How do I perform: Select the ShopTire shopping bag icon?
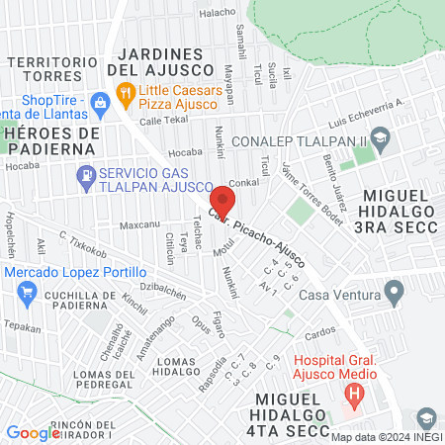click(100, 102)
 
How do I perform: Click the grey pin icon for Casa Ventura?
click(395, 294)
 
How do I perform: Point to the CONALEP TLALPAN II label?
click(298, 140)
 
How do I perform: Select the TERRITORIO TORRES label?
click(56, 69)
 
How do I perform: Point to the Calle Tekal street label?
click(163, 120)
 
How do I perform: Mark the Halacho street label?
click(218, 13)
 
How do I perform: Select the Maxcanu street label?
click(139, 224)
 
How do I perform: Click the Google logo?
click(33, 432)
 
